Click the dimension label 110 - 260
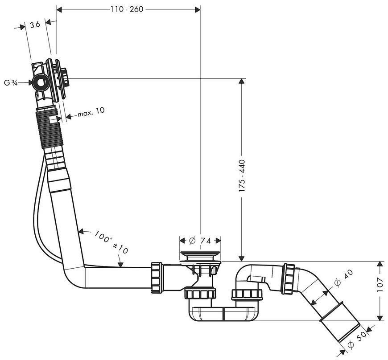[127, 9]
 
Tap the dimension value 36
[35, 25]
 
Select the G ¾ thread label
[11, 83]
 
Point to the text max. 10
[91, 112]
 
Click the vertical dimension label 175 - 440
[242, 176]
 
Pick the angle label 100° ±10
[111, 242]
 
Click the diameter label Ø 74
[200, 240]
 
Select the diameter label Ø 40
[344, 278]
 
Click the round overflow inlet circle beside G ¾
[39, 83]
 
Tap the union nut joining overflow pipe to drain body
[157, 277]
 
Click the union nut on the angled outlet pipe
[289, 278]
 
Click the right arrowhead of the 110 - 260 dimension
[198, 10]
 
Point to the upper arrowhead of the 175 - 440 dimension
[242, 82]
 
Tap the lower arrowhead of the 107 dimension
[379, 318]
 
